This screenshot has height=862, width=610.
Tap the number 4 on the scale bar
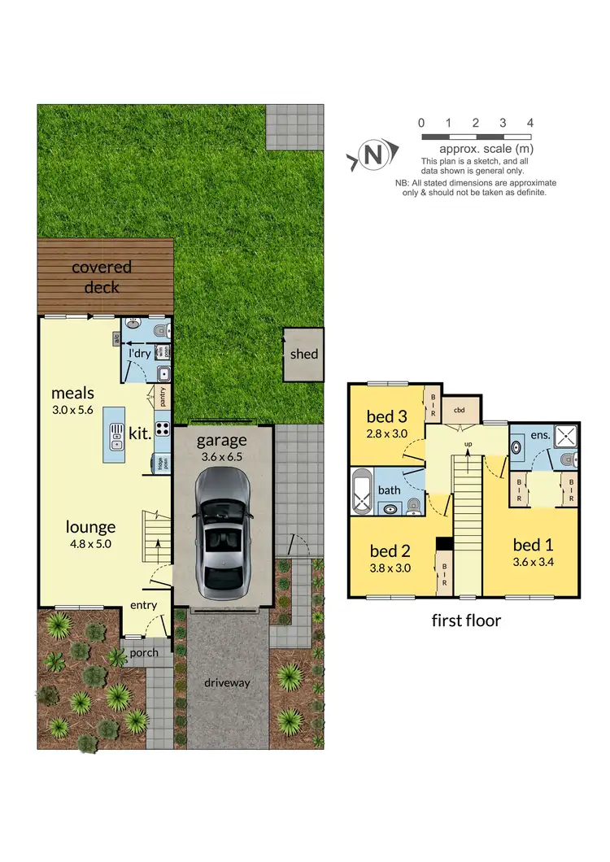(530, 123)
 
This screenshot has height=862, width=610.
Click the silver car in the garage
(222, 531)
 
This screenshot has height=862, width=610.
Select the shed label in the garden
(304, 354)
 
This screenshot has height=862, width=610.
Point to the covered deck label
(102, 276)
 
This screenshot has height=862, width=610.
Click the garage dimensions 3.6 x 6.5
(222, 457)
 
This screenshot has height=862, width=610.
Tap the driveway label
(228, 683)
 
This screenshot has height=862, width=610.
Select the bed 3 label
(387, 416)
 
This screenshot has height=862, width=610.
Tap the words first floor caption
(465, 620)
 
